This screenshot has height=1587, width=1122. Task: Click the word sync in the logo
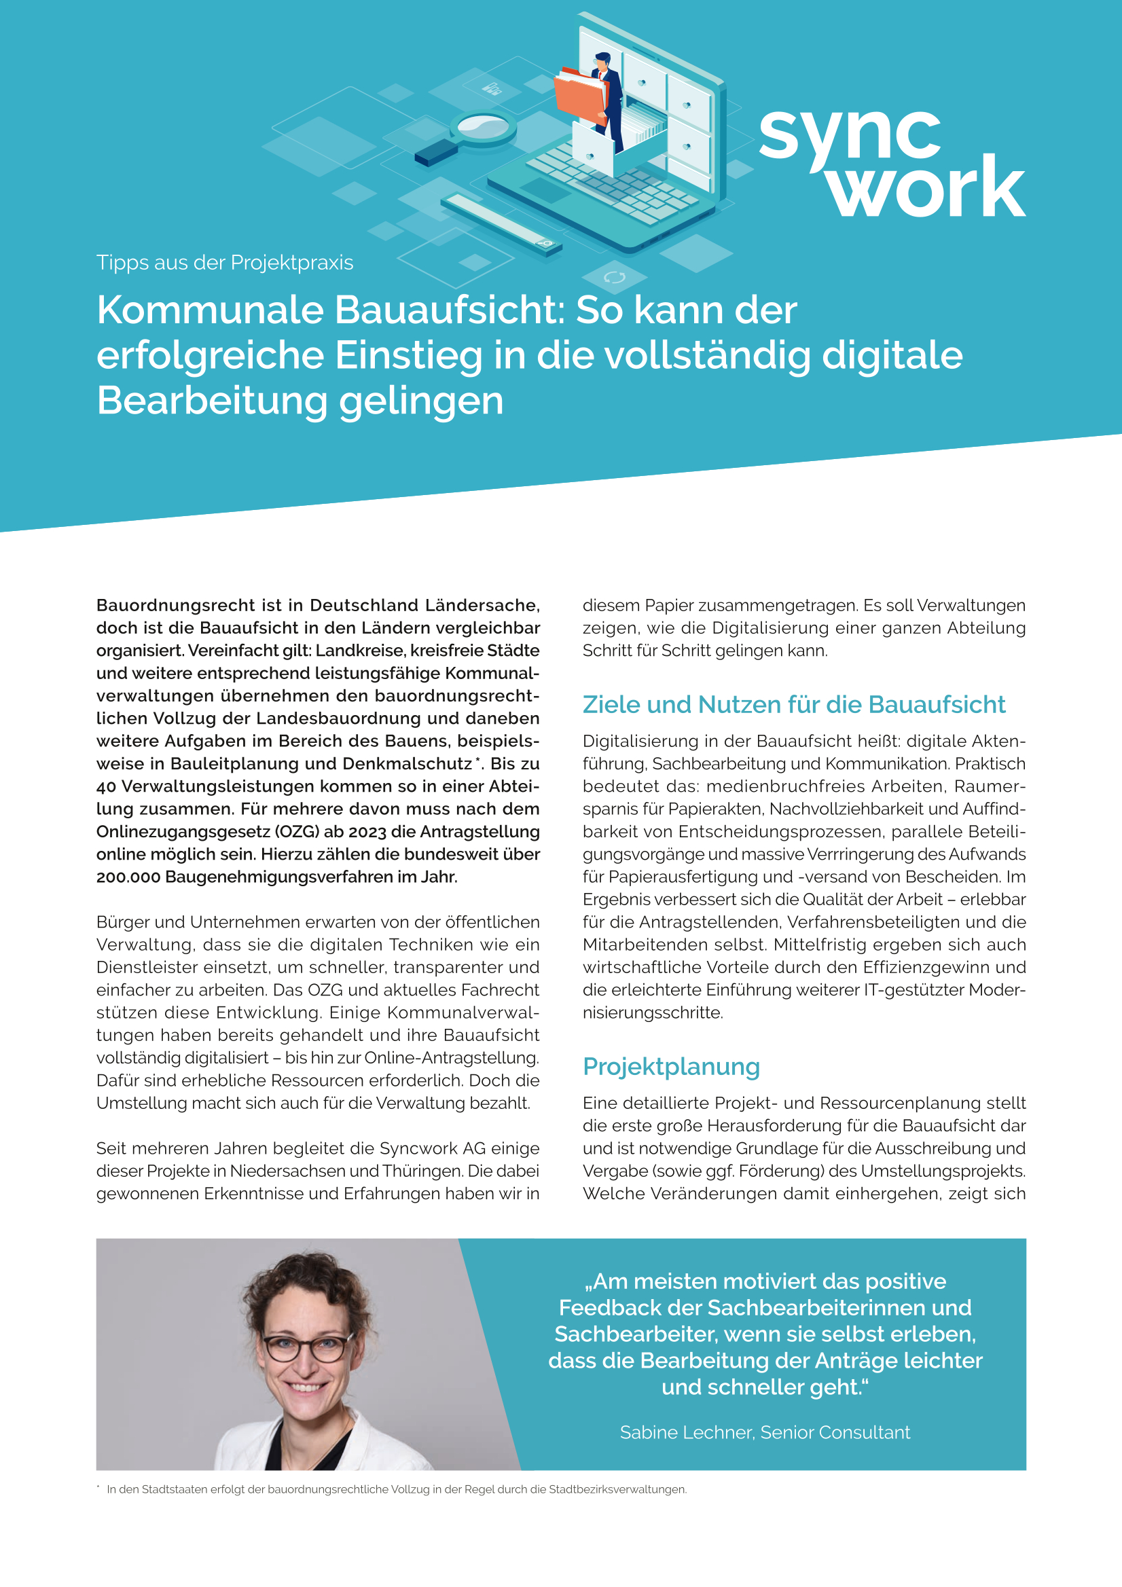tap(850, 134)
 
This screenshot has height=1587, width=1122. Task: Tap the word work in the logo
tap(926, 187)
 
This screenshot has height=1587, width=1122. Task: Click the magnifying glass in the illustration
tap(482, 128)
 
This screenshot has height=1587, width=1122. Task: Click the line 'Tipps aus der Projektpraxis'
tap(225, 263)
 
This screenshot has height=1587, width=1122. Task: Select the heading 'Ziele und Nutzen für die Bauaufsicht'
tap(794, 704)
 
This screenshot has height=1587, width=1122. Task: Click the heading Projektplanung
tap(670, 1066)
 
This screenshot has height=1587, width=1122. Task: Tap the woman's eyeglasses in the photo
tap(306, 1349)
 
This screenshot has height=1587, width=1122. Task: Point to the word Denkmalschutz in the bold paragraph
tap(407, 764)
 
